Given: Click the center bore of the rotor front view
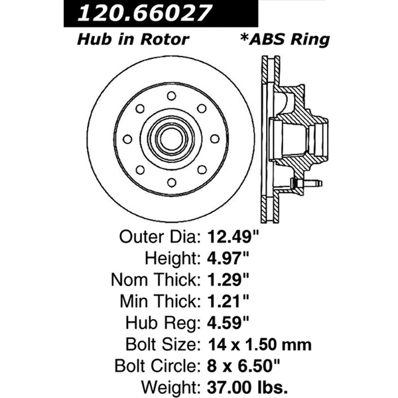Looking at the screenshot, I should [x=170, y=139].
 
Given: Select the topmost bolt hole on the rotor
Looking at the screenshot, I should [x=170, y=95].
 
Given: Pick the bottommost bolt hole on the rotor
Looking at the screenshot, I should [x=170, y=182].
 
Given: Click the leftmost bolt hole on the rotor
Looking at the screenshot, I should [x=127, y=139].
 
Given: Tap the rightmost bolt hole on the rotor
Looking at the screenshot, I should [x=214, y=139].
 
